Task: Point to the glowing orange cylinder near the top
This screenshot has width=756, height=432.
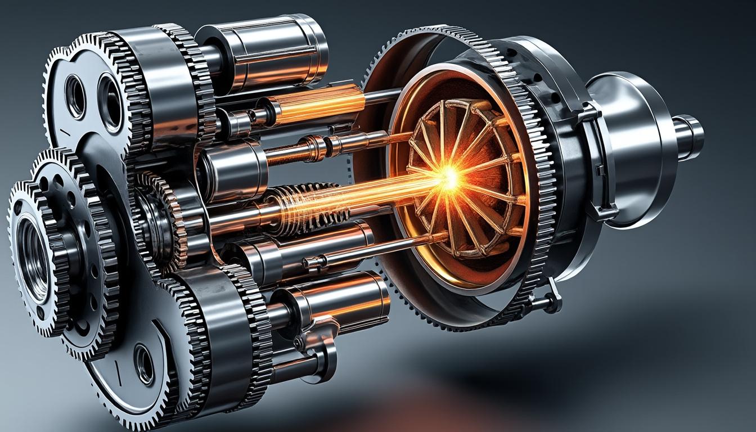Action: (315, 105)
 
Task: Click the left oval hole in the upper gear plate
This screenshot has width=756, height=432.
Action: (75, 96)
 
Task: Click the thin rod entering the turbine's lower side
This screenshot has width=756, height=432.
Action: (382, 247)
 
